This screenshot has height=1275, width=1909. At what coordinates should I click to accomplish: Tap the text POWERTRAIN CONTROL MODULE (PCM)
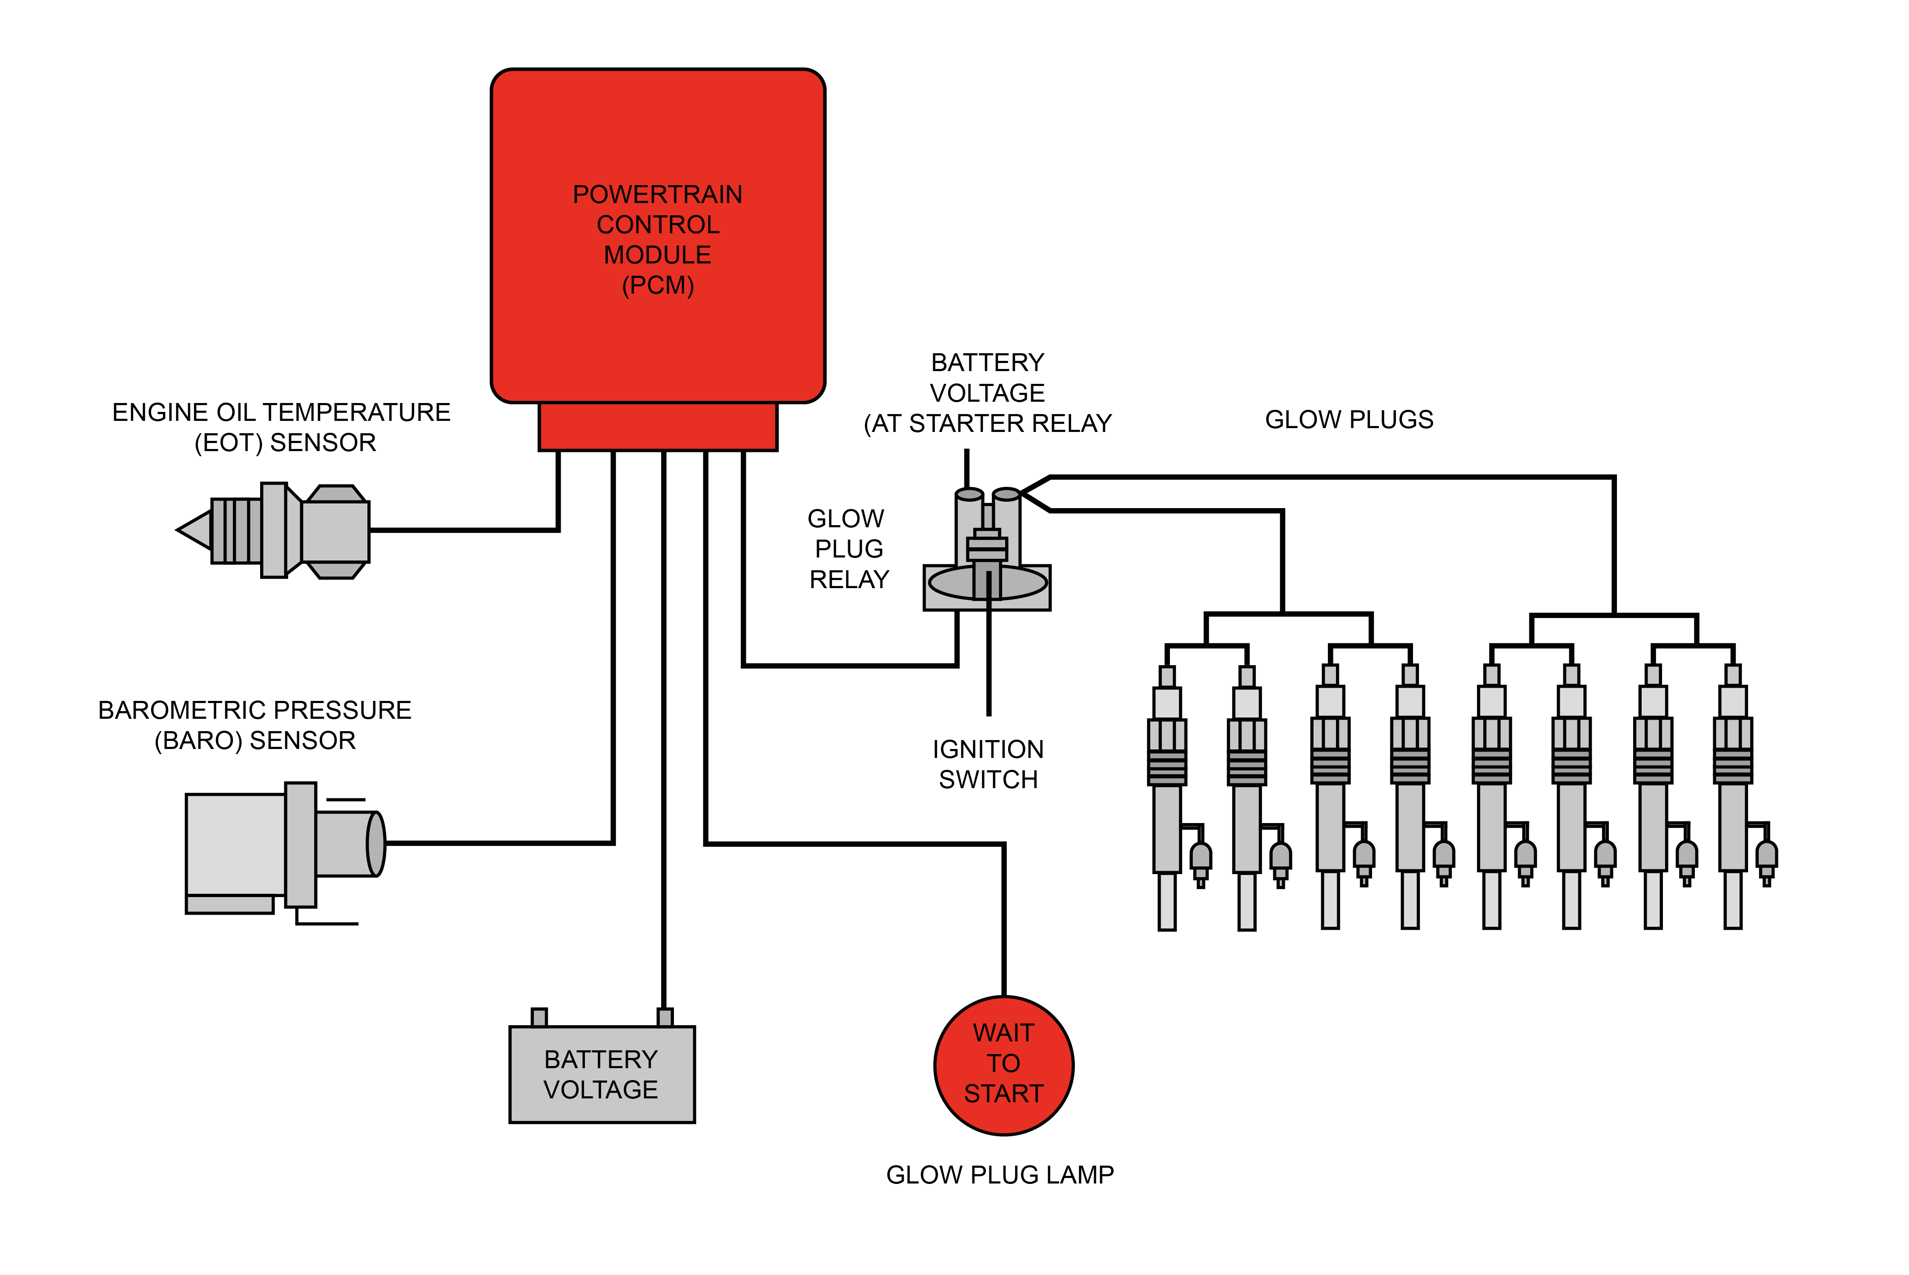[x=657, y=240]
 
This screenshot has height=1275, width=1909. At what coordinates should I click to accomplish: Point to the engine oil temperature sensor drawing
[x=277, y=530]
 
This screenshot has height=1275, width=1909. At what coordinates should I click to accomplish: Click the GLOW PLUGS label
[x=1349, y=420]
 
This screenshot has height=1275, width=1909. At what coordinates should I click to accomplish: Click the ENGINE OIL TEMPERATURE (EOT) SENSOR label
[x=281, y=427]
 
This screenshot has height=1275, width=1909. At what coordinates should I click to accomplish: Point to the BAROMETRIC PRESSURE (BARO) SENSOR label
[x=255, y=724]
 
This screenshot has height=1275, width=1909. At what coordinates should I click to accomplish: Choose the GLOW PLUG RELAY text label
[x=848, y=549]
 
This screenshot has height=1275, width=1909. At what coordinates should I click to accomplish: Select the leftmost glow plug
[x=1167, y=797]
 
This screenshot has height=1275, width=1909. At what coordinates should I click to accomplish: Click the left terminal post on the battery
[x=539, y=1017]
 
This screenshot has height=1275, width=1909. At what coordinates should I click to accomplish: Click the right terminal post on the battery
[x=665, y=1017]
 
